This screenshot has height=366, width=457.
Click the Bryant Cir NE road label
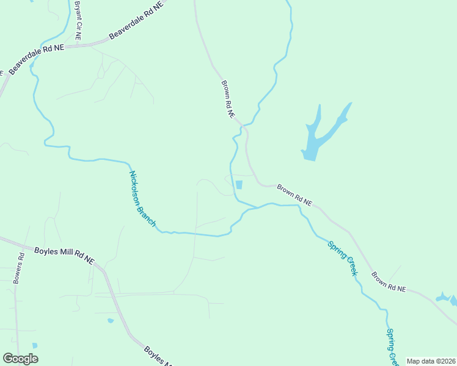[x=78, y=20]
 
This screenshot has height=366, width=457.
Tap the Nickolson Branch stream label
[x=142, y=199]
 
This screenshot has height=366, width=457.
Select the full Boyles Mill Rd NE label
[x=64, y=255]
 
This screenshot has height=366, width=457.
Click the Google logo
[x=20, y=359]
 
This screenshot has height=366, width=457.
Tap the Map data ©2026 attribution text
[x=431, y=361]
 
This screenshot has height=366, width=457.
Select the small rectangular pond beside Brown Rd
[x=238, y=185]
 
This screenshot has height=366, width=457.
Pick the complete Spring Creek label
[x=342, y=257]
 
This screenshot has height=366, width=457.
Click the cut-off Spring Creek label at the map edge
[x=392, y=347]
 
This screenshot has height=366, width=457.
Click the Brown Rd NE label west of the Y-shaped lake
[x=228, y=99]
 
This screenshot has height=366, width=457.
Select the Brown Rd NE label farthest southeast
[x=388, y=281]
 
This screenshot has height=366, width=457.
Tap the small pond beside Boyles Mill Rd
[x=110, y=320]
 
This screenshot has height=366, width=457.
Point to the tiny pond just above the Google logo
[x=35, y=346]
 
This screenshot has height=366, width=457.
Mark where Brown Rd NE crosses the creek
[x=244, y=126]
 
